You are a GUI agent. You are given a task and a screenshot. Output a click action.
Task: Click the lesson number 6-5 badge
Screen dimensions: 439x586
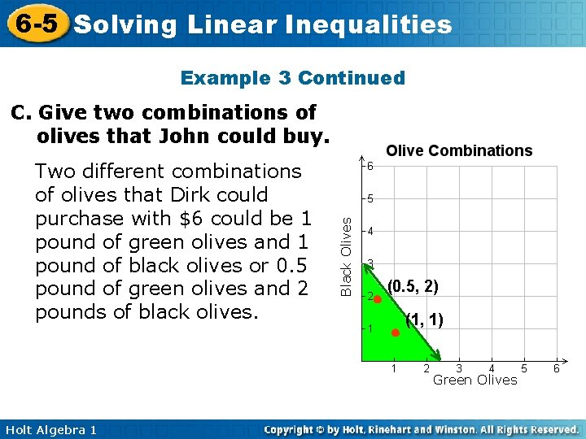click(37, 23)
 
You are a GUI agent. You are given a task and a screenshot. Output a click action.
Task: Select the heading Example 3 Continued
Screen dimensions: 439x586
click(292, 78)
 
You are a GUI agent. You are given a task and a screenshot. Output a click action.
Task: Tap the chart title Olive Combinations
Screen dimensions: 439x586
click(459, 150)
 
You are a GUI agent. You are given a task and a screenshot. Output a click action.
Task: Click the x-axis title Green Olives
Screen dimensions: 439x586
click(474, 380)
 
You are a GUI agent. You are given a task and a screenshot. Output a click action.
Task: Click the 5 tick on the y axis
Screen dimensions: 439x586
click(370, 198)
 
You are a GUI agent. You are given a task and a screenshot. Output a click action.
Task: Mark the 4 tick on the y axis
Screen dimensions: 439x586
click(370, 231)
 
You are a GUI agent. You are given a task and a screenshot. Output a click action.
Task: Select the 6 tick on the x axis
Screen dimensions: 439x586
click(557, 369)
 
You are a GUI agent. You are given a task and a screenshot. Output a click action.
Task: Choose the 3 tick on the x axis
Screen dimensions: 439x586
click(459, 369)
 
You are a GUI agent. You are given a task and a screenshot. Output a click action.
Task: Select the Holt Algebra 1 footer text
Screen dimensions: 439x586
click(49, 428)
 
